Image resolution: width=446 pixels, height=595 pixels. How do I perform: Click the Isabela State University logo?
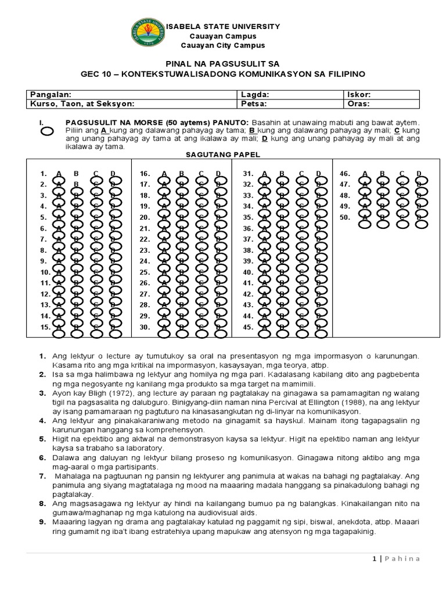[x=147, y=35]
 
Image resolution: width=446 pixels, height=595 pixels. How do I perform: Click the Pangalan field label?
[x=51, y=94]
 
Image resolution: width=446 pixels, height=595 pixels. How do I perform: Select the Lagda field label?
[x=254, y=94]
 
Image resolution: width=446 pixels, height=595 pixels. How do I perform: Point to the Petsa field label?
[x=253, y=104]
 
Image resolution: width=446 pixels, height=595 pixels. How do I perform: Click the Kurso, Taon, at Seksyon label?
[x=82, y=104]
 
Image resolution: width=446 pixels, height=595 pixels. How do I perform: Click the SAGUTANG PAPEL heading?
[x=222, y=156]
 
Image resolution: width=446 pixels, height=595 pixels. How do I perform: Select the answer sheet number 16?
[x=145, y=173]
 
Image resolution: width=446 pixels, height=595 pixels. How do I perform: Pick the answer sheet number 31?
[x=247, y=173]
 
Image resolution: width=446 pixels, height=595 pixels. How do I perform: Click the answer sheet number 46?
[x=345, y=173]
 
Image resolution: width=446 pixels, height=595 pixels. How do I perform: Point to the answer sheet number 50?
[x=345, y=217]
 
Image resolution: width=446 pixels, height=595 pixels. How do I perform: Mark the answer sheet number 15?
[x=45, y=327]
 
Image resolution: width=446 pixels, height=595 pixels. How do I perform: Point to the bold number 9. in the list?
[x=42, y=522]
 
